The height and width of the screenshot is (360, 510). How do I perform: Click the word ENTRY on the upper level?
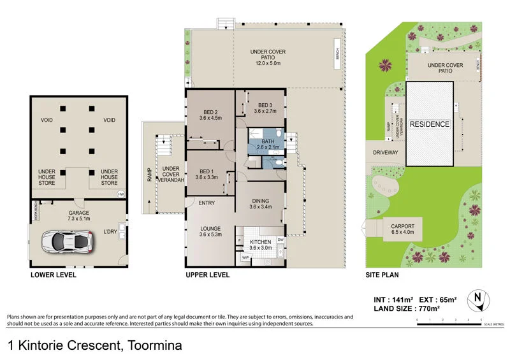(x=207, y=203)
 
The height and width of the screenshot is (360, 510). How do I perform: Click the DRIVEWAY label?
(x=386, y=153)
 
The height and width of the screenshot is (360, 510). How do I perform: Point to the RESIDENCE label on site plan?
(x=429, y=124)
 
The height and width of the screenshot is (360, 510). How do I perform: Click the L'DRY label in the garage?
(x=111, y=233)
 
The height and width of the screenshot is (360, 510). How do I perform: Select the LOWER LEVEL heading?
(x=53, y=275)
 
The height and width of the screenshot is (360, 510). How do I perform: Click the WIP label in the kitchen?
(x=245, y=257)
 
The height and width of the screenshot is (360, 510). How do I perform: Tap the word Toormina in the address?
(x=155, y=346)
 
